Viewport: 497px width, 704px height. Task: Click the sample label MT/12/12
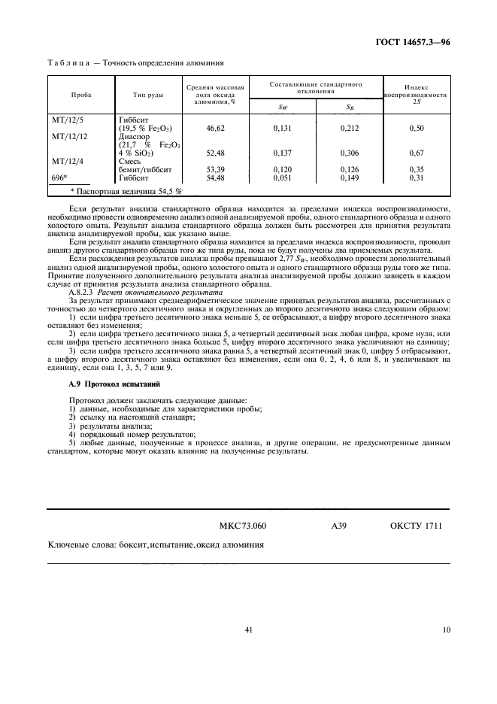[70, 137]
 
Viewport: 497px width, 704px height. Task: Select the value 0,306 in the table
[350, 153]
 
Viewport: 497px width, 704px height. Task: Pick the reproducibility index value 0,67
[417, 153]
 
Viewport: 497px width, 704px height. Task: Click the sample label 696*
[59, 178]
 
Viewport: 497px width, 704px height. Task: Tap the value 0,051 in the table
[283, 178]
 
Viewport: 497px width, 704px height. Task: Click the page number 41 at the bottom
[248, 630]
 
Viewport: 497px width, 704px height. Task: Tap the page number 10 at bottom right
[447, 630]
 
